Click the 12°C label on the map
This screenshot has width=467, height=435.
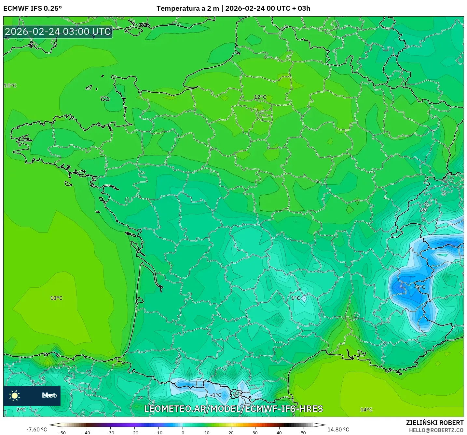(x=260, y=97)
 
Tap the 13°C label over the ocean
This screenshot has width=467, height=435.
(x=56, y=298)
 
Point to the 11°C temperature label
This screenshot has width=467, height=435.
(x=10, y=86)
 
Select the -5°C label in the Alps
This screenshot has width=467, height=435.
(x=419, y=287)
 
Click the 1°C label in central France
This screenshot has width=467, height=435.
(x=295, y=298)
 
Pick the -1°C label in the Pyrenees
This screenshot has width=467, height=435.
(x=216, y=395)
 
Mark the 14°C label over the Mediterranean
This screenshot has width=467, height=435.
(x=366, y=410)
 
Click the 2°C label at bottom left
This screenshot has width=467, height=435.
(x=21, y=410)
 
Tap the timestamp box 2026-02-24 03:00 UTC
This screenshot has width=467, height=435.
(x=58, y=32)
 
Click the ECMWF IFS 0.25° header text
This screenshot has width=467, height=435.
(x=33, y=8)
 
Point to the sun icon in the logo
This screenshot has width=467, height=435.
(x=15, y=395)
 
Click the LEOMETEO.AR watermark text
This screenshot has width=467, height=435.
(x=233, y=409)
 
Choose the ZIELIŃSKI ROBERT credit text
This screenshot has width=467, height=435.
(x=434, y=423)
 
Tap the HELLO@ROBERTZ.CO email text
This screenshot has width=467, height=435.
(x=436, y=430)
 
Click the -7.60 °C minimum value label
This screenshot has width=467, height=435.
(x=36, y=429)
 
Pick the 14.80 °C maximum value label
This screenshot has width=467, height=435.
(x=338, y=429)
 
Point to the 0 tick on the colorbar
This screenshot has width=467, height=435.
(x=183, y=432)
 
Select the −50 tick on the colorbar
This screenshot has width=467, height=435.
(x=62, y=432)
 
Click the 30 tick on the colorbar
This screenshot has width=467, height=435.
(x=255, y=432)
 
